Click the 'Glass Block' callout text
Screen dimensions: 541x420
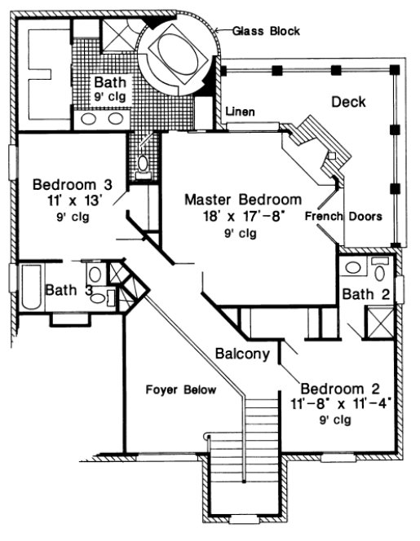(x=267, y=31)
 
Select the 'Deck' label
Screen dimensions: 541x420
(x=348, y=102)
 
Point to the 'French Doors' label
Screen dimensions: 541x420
(x=343, y=216)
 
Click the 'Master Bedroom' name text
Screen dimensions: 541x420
(x=242, y=199)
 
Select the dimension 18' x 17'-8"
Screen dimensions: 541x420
(x=242, y=216)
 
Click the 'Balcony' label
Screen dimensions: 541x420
(x=242, y=354)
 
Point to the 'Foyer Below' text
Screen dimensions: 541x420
(x=181, y=390)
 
